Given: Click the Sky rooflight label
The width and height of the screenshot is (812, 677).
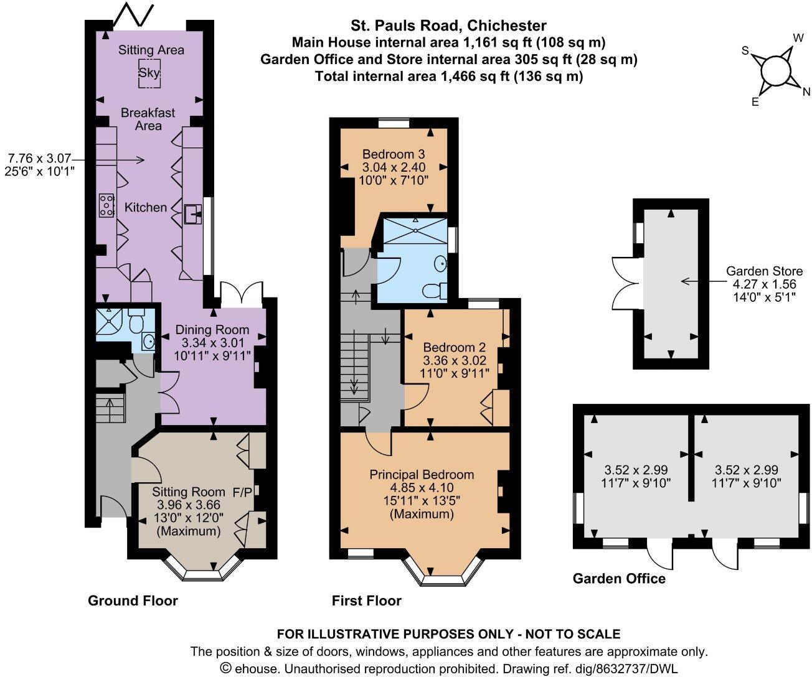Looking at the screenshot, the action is pyautogui.click(x=149, y=73).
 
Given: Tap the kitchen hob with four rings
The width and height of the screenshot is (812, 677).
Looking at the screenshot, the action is pyautogui.click(x=106, y=205).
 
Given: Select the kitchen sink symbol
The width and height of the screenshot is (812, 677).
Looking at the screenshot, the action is pyautogui.click(x=193, y=214).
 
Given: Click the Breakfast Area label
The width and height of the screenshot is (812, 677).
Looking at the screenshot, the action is pyautogui.click(x=148, y=119).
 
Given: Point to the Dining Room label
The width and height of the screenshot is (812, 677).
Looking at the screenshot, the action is pyautogui.click(x=212, y=330).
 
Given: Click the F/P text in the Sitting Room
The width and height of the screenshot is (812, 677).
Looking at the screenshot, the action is pyautogui.click(x=242, y=492).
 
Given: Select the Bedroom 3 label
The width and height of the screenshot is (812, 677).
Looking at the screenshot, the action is pyautogui.click(x=394, y=154).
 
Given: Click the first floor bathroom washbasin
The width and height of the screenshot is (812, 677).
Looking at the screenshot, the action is pyautogui.click(x=441, y=264).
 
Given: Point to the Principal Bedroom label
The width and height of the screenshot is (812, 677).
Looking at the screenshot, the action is pyautogui.click(x=422, y=475).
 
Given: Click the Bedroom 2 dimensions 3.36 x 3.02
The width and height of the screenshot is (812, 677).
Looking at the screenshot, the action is pyautogui.click(x=455, y=360).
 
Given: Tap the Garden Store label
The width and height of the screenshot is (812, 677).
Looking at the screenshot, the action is pyautogui.click(x=764, y=271).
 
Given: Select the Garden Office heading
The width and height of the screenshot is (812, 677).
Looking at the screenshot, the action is pyautogui.click(x=619, y=579).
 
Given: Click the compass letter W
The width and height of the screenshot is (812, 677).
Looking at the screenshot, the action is pyautogui.click(x=798, y=38).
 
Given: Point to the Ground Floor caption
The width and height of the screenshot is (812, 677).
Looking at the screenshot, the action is pyautogui.click(x=133, y=600).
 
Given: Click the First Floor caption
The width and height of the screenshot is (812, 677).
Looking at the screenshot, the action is pyautogui.click(x=366, y=600).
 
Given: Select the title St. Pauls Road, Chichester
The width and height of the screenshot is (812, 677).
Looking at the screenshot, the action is pyautogui.click(x=448, y=26).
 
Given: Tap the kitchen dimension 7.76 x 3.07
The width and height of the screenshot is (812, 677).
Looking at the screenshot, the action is pyautogui.click(x=40, y=158).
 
